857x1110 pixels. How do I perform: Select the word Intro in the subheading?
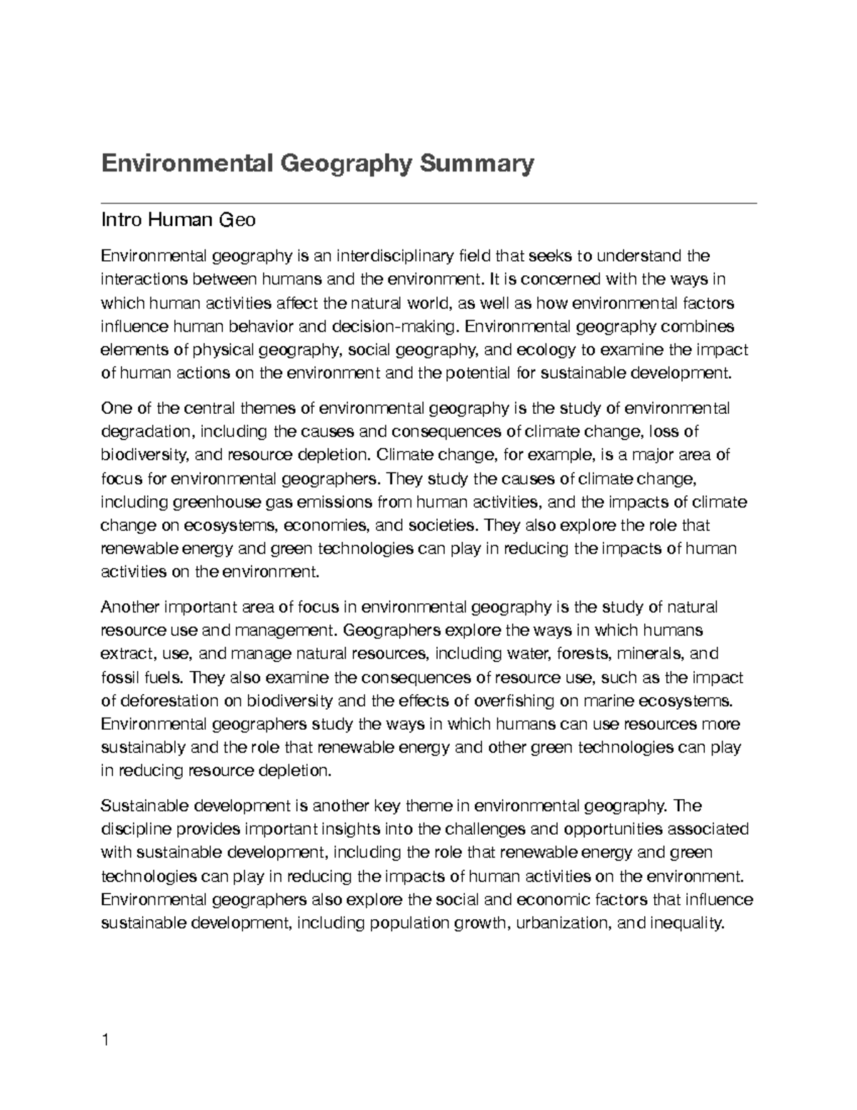(x=123, y=219)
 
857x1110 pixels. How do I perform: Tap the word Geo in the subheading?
(x=241, y=219)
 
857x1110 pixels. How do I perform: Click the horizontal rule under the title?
(x=428, y=204)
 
